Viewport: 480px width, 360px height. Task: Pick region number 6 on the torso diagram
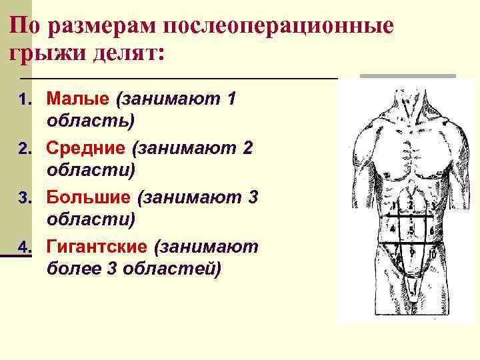click(x=431, y=231)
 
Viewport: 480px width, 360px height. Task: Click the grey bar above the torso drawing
click(x=407, y=77)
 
